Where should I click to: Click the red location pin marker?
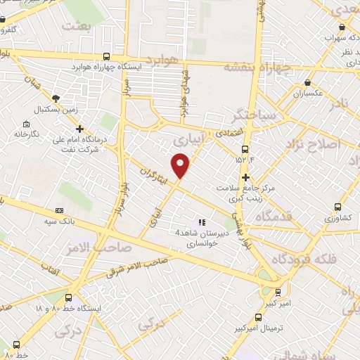coord(181,165)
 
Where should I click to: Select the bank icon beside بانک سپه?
coord(59,210)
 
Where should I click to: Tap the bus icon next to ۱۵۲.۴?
coord(245,150)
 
